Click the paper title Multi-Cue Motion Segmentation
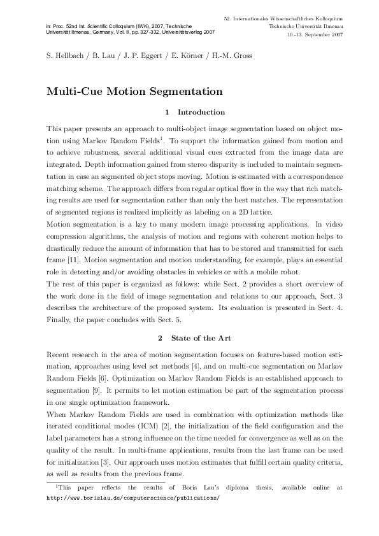[125, 91]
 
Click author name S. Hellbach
[66, 56]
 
